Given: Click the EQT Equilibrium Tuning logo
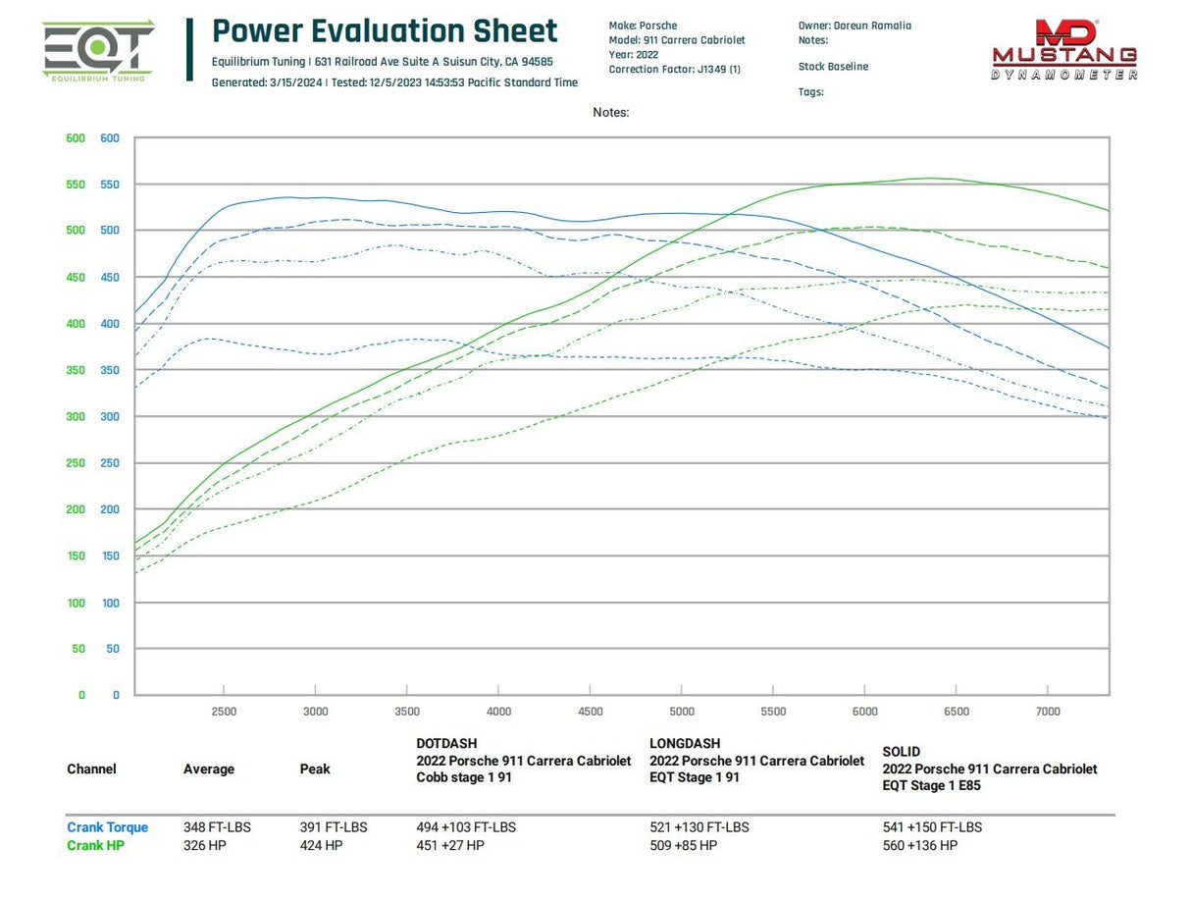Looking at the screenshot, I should coord(98,50).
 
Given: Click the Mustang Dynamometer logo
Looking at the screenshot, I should coord(1064,49).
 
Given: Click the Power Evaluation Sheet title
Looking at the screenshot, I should coord(385,31).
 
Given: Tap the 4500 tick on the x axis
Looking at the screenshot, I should coord(590,712).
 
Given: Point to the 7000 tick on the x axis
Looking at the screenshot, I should coord(1048,712).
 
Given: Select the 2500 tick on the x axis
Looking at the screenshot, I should coord(224,712).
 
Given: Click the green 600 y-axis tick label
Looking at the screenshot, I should coord(76,138).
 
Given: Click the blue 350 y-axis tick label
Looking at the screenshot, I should coord(109,371).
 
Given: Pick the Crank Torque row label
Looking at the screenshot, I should coord(107,827).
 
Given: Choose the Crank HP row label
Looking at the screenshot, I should coord(95,845).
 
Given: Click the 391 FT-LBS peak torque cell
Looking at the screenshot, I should coord(334,827).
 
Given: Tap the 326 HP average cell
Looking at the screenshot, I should coord(204,845).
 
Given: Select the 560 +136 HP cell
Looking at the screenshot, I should coord(919,845).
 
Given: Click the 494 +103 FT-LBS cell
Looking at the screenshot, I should coord(466,827).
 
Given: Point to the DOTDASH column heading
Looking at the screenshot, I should coord(446,744).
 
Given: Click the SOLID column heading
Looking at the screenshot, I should coord(901,752).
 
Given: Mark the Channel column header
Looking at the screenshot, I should coord(91,769).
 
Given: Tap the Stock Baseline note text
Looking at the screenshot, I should coord(833,67).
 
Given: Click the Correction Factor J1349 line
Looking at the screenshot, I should coord(674,70).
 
